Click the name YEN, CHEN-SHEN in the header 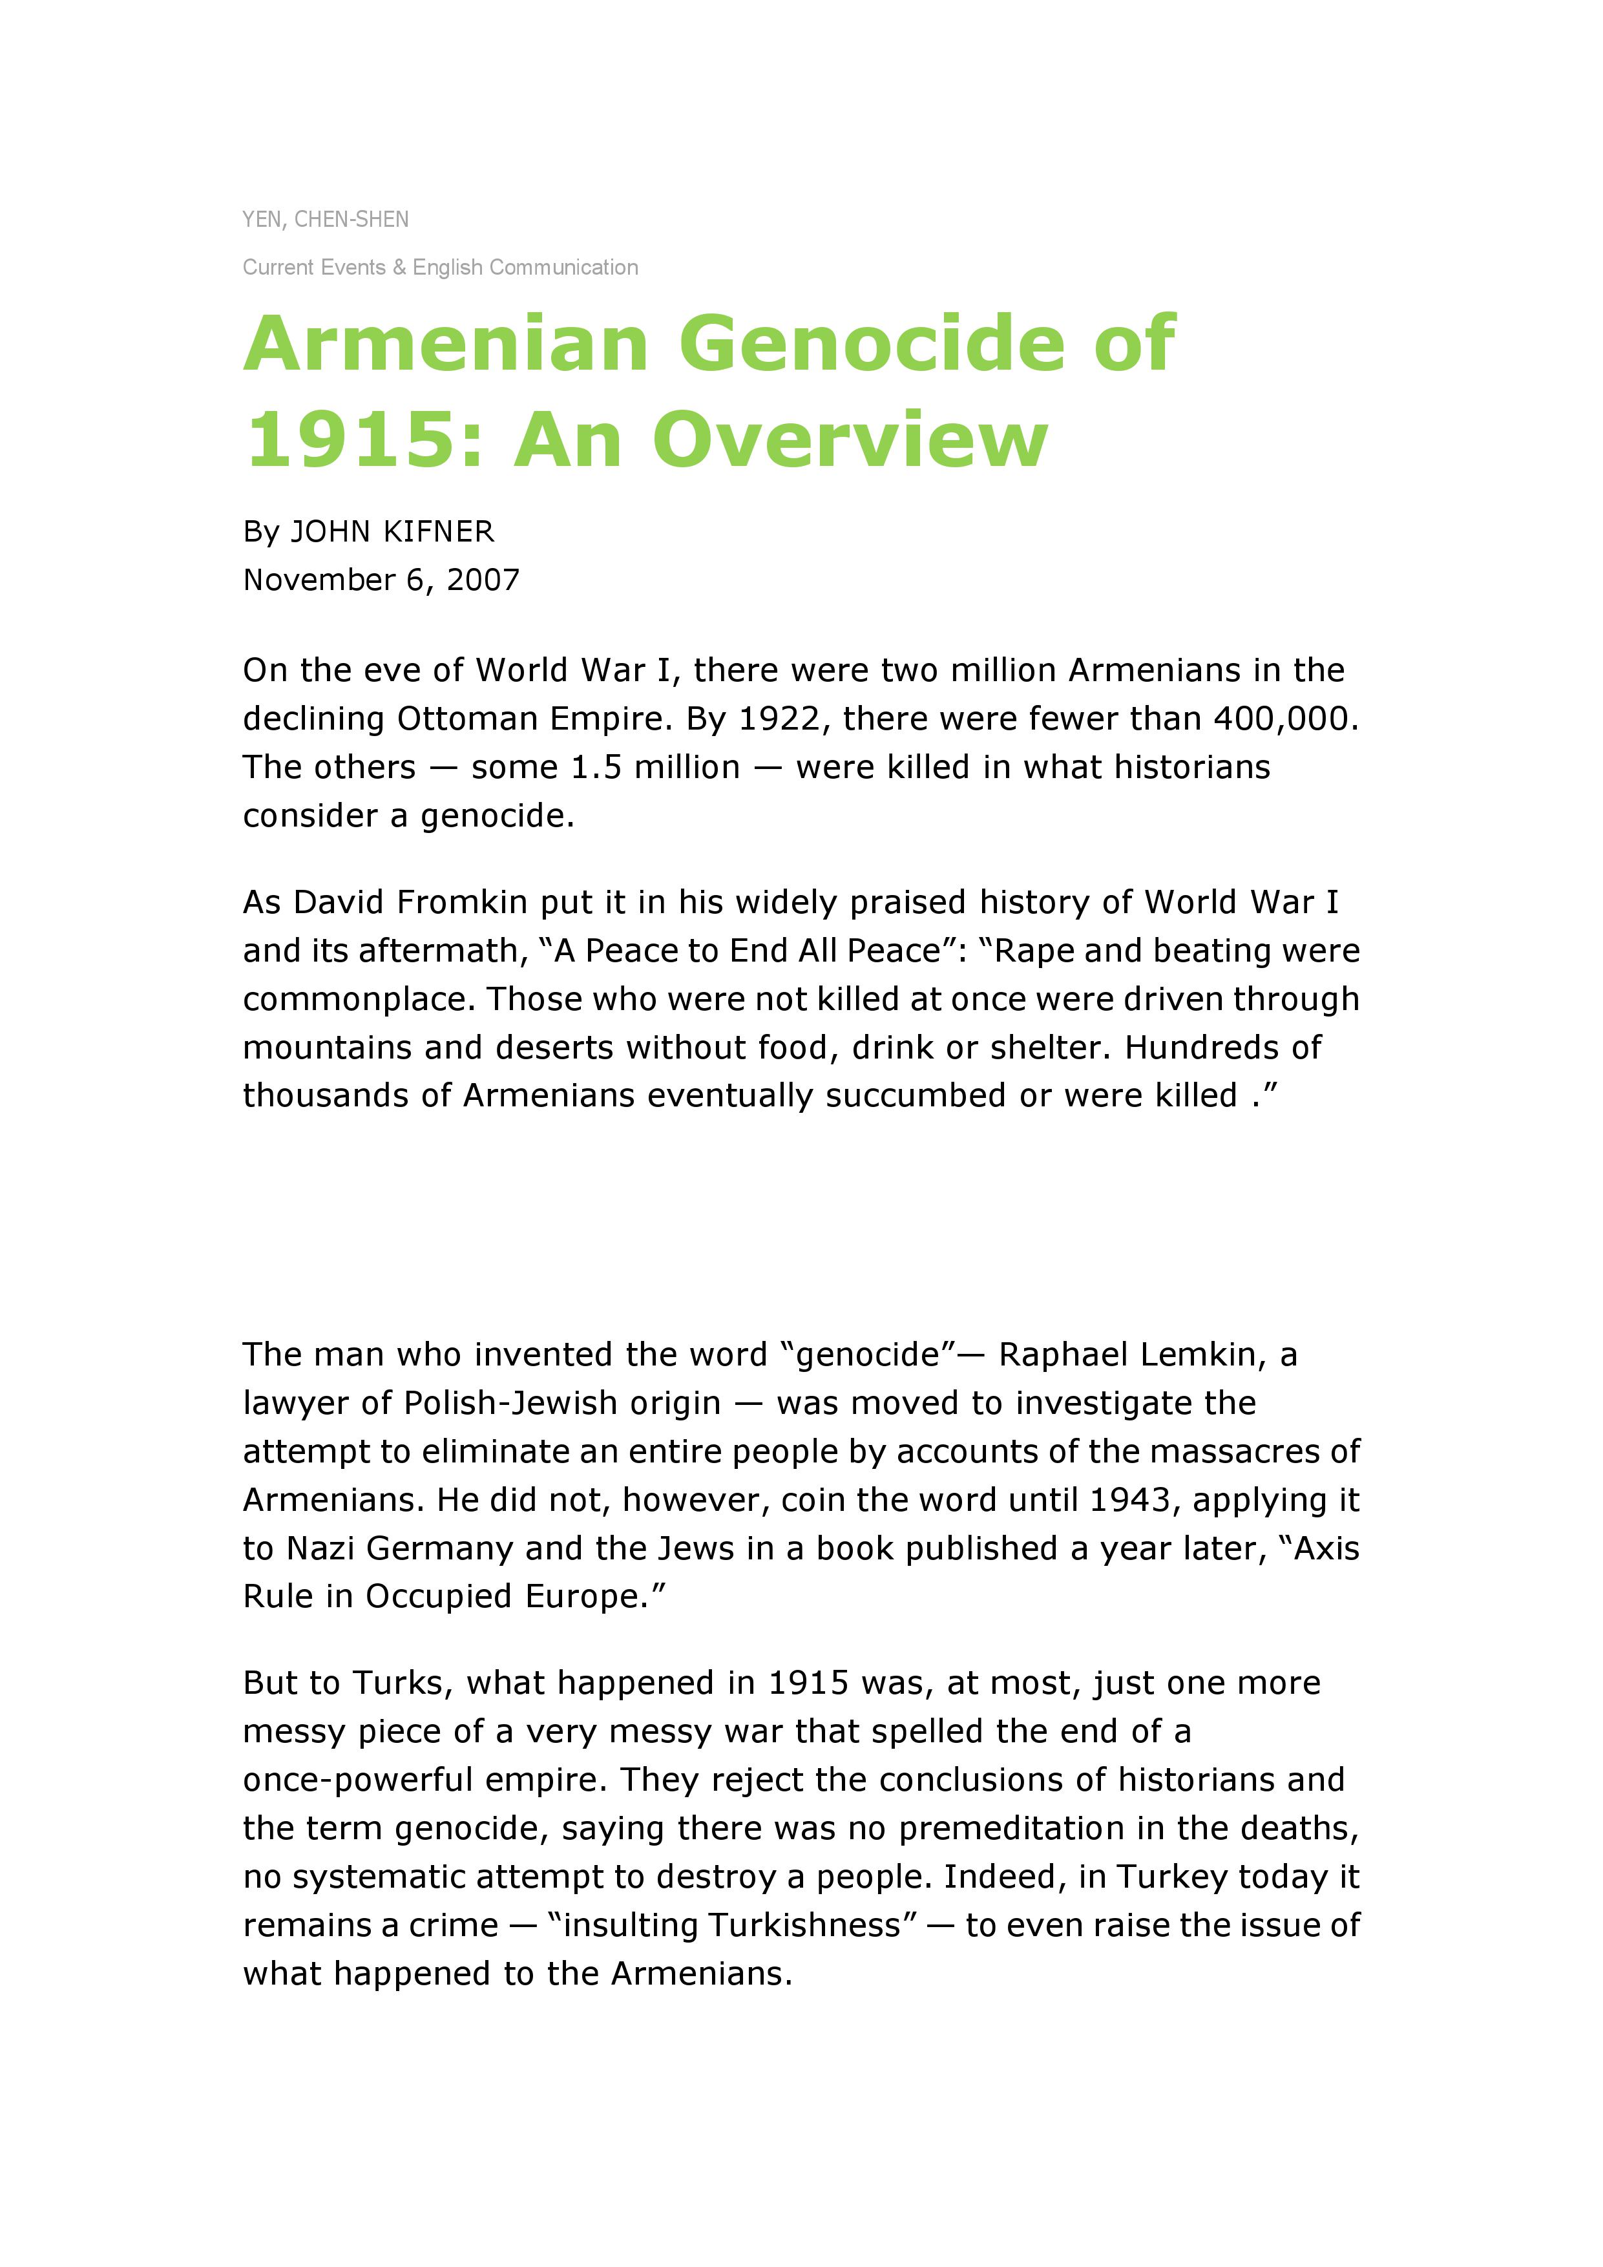point(325,219)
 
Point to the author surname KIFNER point(437,532)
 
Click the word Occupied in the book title point(439,1597)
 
